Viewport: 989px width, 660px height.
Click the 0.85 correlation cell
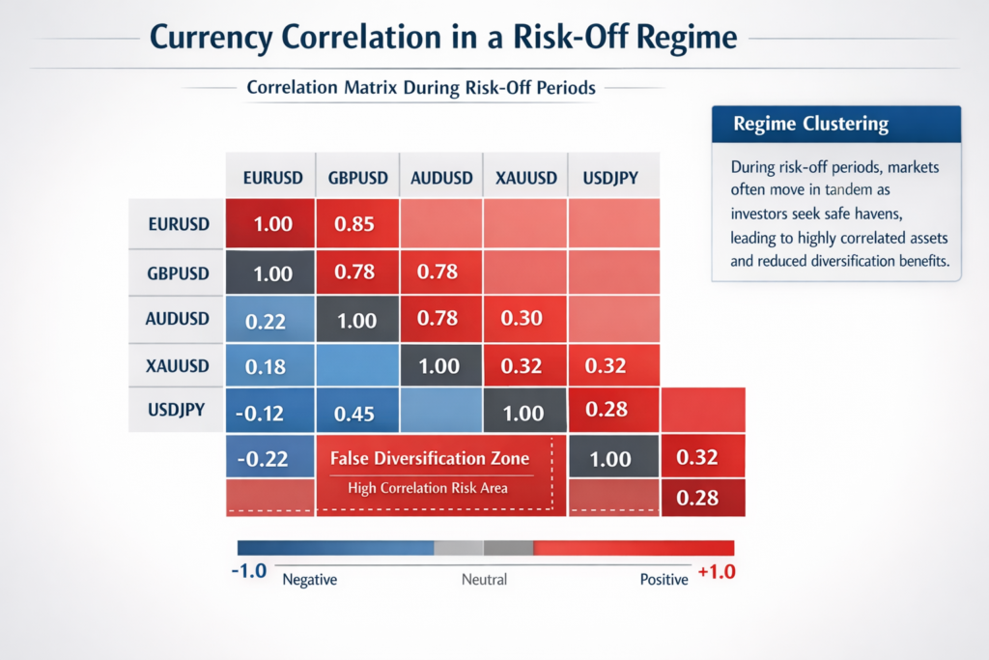354,224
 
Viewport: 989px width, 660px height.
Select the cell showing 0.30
523,319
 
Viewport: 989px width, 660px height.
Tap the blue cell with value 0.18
268,366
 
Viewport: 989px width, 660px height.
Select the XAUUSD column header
525,178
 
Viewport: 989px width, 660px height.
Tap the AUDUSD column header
441,178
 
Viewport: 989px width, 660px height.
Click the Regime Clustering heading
810,124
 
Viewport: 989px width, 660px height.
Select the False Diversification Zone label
430,458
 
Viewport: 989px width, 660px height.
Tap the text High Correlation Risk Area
427,488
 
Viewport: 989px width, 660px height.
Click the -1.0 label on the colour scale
248,571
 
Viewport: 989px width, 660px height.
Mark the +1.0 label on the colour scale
715,571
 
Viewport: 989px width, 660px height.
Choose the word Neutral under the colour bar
483,580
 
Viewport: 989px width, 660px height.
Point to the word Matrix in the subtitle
372,87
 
